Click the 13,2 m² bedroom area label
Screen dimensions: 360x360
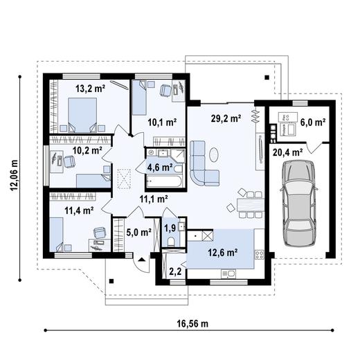91,89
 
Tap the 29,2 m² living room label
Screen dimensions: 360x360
226,118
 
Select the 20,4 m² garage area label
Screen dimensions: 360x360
288,152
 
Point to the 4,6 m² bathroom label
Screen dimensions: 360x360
160,167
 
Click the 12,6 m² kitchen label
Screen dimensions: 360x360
223,253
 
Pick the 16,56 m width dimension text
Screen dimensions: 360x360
192,324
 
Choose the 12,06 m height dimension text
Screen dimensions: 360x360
15,175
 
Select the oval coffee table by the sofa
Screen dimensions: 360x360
214,154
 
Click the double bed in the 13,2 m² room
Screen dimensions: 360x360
82,115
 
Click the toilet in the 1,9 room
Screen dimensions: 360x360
171,242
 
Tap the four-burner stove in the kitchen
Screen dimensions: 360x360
260,255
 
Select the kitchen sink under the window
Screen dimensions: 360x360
228,274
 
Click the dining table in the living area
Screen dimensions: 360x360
251,205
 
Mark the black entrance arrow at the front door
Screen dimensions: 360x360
141,259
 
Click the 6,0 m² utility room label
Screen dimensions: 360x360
313,123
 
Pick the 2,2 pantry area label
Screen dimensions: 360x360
175,271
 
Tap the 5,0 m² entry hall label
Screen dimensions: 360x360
139,233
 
